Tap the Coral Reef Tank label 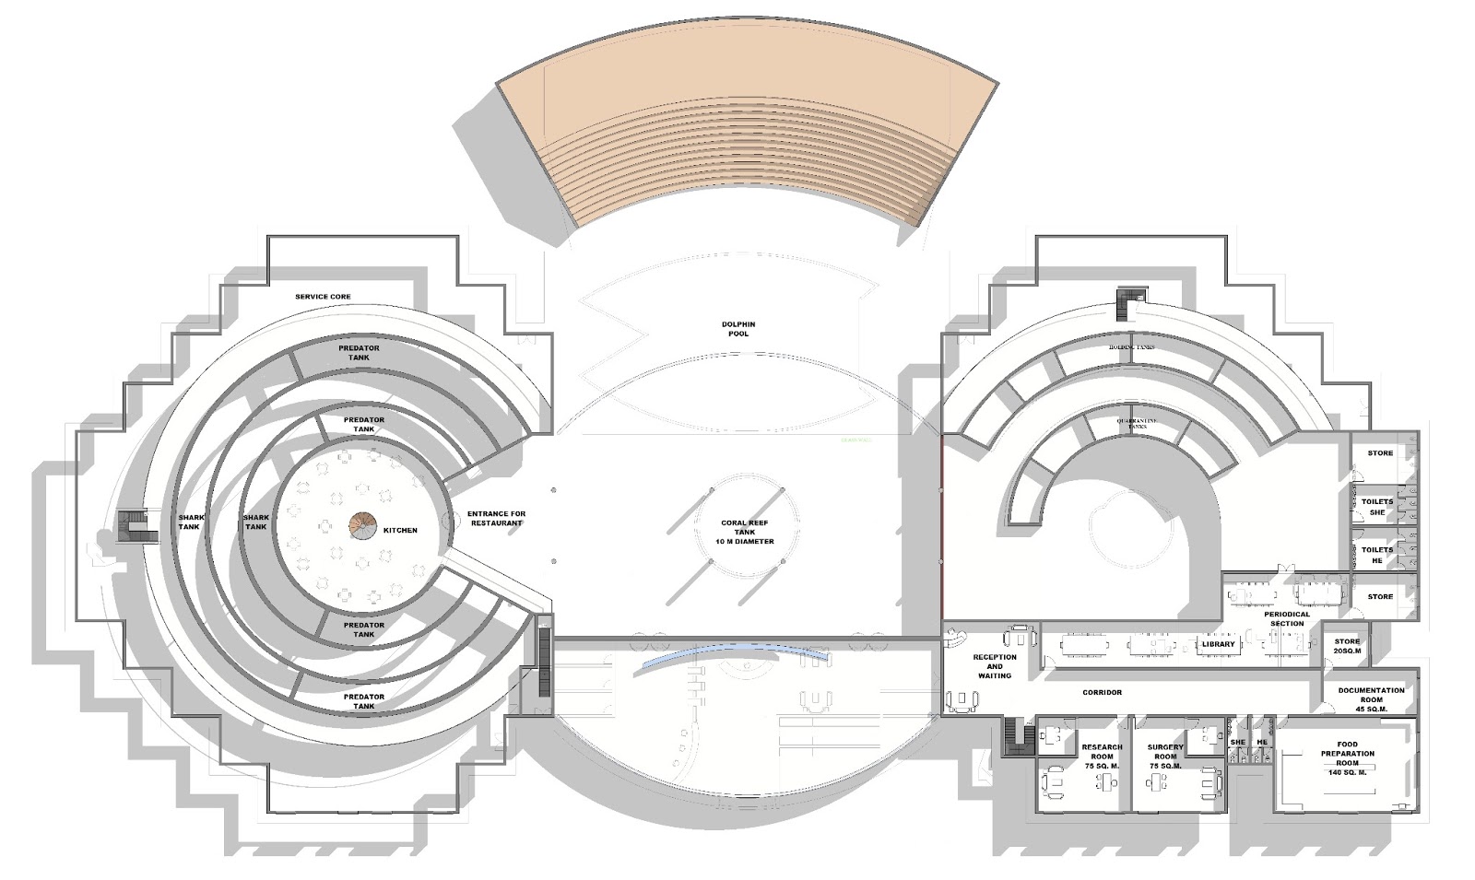tap(746, 532)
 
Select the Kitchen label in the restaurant tap(400, 530)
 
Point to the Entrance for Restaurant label tap(496, 518)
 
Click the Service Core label tap(323, 297)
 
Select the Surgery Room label tap(1165, 757)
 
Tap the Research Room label tap(1102, 757)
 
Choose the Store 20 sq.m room tap(1347, 646)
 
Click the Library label tap(1218, 644)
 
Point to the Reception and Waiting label tap(994, 666)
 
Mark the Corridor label tap(1102, 692)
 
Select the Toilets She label tap(1376, 507)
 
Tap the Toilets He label tap(1376, 555)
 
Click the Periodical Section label tap(1286, 618)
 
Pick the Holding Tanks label tap(1132, 347)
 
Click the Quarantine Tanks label tap(1136, 422)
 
